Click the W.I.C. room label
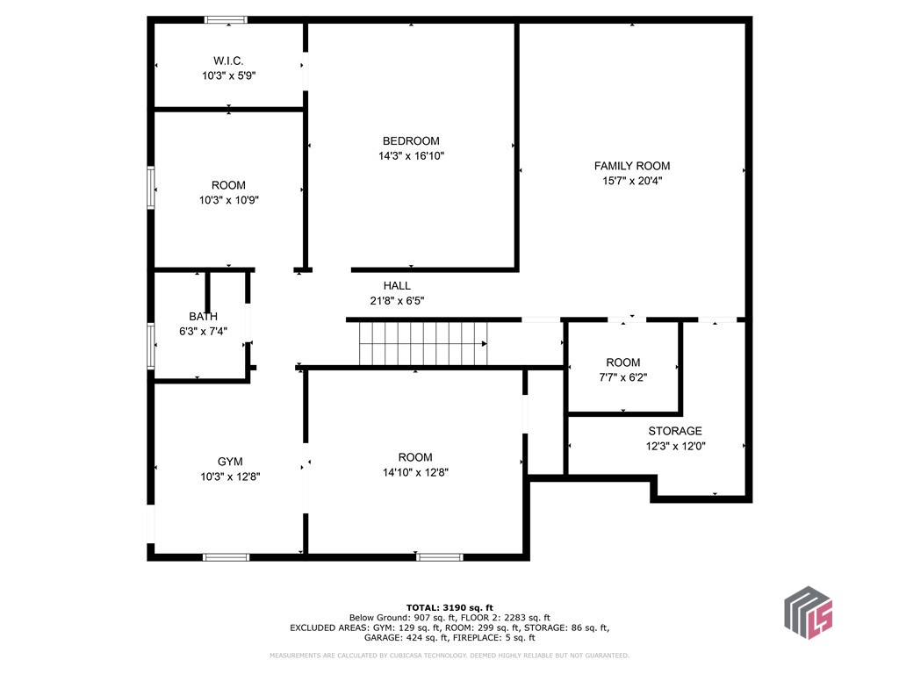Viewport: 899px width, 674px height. (x=228, y=61)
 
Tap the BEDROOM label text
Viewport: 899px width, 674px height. (x=411, y=141)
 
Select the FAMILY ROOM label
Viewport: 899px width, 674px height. (x=631, y=166)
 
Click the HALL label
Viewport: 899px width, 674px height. (x=397, y=285)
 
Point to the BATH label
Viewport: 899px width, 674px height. (x=203, y=316)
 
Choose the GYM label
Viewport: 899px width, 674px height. (x=230, y=462)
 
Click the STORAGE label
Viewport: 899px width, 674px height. (x=675, y=431)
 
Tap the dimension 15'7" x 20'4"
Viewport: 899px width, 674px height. (x=631, y=181)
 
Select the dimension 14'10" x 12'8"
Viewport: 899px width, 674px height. (x=415, y=472)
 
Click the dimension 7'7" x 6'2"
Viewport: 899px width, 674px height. (x=622, y=377)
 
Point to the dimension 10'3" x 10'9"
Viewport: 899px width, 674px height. (x=228, y=200)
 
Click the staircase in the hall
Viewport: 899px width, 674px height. (x=422, y=343)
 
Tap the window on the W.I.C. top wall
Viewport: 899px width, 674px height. (x=226, y=19)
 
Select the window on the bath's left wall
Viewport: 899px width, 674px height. (x=151, y=346)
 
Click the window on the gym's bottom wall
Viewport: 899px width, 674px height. (x=226, y=556)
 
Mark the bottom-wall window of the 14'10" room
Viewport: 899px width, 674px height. (x=439, y=556)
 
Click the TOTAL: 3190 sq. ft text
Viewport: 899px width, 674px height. (x=449, y=607)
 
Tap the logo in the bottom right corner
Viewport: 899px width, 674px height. (x=807, y=611)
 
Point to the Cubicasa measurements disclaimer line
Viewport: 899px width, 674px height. (x=449, y=656)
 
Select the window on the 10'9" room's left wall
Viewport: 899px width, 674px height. (x=151, y=187)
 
